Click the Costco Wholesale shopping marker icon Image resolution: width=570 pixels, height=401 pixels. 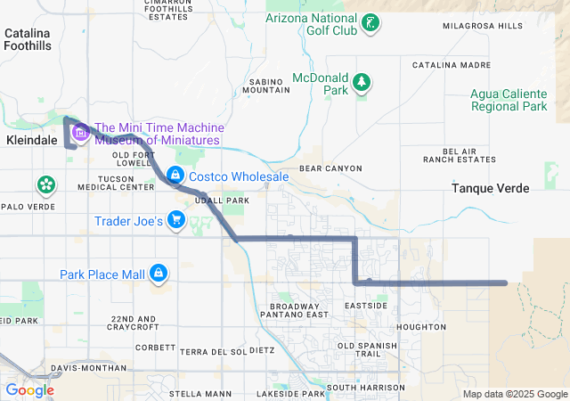(176, 174)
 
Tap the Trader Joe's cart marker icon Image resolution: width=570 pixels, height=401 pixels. (176, 220)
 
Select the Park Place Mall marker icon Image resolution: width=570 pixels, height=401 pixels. (159, 272)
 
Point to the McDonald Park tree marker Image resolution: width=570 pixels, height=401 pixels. (362, 83)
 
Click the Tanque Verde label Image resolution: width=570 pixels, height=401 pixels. (490, 189)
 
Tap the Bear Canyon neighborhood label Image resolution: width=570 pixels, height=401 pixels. (330, 168)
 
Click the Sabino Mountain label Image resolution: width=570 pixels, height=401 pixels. (265, 85)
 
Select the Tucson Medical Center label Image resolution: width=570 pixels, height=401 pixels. (116, 183)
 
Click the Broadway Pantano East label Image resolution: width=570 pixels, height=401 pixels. (293, 310)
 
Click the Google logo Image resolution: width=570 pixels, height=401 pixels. (29, 390)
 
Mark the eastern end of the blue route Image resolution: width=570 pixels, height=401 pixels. (505, 283)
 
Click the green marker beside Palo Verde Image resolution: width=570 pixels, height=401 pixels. (45, 185)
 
